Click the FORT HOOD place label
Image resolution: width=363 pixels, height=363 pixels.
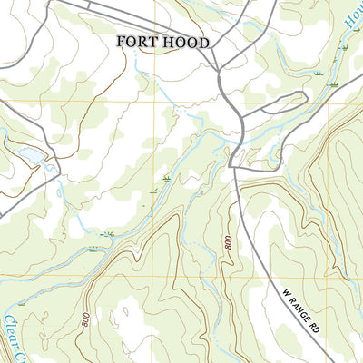(162, 43)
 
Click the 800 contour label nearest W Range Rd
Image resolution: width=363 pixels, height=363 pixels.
(223, 243)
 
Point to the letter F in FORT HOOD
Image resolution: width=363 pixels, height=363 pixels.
(121, 43)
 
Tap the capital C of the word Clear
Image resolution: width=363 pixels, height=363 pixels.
(8, 320)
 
